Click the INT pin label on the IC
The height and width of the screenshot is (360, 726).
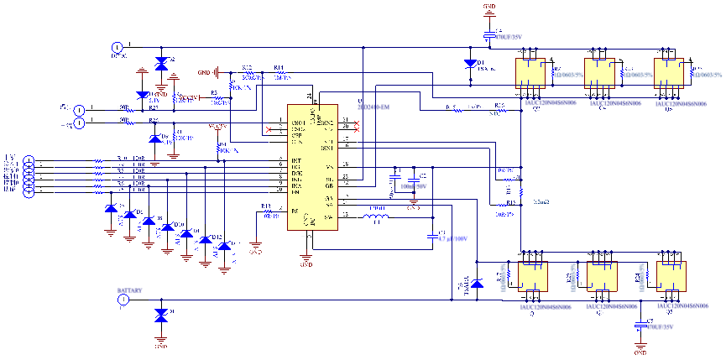click(295, 160)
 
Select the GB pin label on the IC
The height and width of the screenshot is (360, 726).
click(330, 185)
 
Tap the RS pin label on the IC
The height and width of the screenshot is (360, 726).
click(294, 211)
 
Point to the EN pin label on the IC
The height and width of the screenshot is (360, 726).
click(295, 193)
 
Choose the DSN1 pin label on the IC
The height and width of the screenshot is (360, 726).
click(327, 149)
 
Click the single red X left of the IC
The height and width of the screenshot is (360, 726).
click(269, 130)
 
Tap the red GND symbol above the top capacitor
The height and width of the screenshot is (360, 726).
click(490, 9)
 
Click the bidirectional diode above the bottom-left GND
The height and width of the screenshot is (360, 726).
click(160, 316)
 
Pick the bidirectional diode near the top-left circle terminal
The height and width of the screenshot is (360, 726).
click(160, 64)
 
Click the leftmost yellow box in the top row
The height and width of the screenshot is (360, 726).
click(530, 73)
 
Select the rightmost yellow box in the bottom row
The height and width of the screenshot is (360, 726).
click(671, 276)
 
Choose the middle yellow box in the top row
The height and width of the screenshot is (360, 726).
click(599, 73)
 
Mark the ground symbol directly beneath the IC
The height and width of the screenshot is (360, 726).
click(307, 253)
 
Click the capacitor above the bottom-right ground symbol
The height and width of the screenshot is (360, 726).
click(642, 325)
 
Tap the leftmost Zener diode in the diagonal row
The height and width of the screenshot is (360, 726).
click(111, 209)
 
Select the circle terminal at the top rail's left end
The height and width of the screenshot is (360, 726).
click(118, 50)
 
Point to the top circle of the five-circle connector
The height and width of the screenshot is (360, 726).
click(29, 159)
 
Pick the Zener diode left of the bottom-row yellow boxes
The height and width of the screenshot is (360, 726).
click(477, 284)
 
